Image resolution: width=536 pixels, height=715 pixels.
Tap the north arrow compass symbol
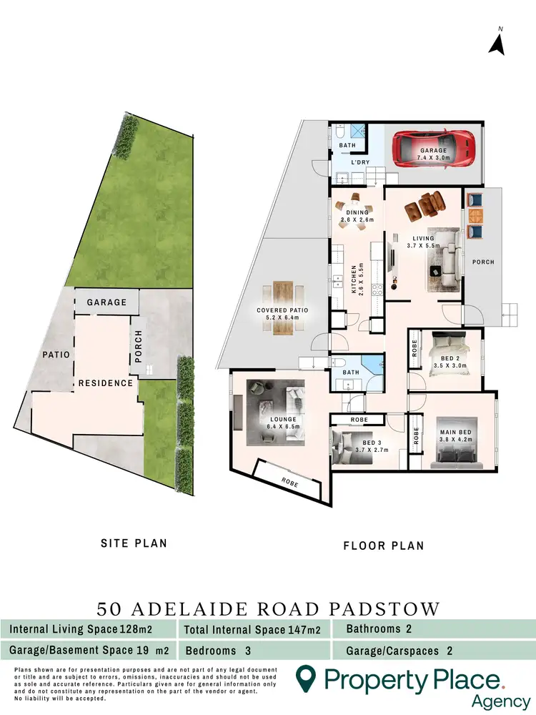(497, 42)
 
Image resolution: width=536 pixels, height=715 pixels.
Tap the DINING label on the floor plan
(357, 212)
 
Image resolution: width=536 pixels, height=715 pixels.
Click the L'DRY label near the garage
(359, 163)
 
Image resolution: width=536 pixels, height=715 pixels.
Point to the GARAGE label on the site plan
(106, 302)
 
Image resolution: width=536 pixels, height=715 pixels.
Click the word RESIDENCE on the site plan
(106, 383)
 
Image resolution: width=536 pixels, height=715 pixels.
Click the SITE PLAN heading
(134, 543)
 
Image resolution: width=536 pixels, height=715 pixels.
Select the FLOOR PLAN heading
(383, 546)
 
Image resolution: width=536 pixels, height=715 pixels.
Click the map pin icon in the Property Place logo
(307, 677)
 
